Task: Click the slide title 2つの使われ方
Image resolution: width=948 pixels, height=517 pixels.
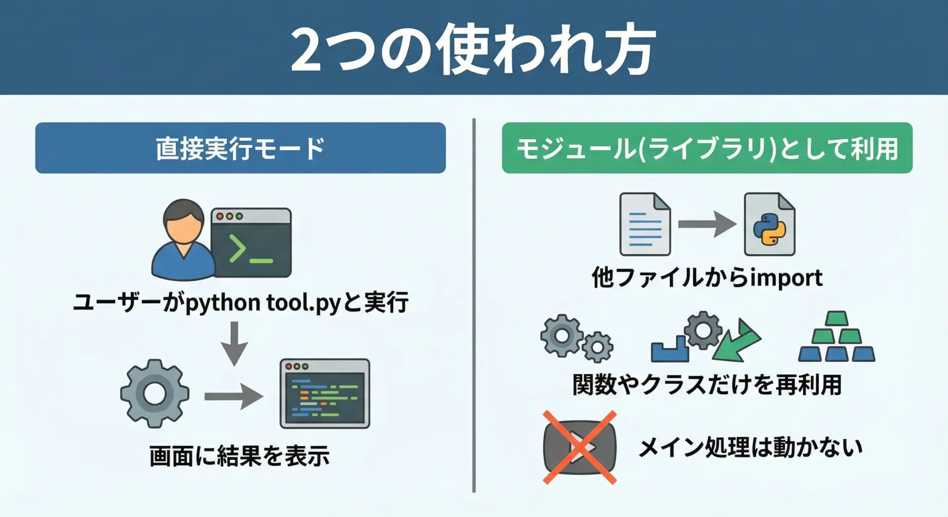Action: click(x=473, y=49)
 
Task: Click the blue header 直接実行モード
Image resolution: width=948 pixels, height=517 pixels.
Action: click(x=240, y=148)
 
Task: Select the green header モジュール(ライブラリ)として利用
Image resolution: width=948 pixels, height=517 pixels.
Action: click(x=707, y=148)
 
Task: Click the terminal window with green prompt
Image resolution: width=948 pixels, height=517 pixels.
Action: click(x=251, y=242)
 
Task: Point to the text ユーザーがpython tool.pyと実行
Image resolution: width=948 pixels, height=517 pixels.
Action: click(x=240, y=302)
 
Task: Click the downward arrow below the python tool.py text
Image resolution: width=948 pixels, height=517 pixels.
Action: click(x=235, y=344)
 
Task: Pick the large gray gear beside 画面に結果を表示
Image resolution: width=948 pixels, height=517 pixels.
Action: click(x=155, y=394)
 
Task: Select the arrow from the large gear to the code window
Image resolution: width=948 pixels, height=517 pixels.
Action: click(x=234, y=397)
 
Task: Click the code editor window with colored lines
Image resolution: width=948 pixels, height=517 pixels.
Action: click(x=325, y=394)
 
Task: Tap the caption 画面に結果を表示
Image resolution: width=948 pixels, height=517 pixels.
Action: click(x=239, y=455)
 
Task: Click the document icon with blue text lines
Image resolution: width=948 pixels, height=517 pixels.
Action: click(x=645, y=224)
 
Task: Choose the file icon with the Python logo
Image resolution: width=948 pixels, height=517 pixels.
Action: click(x=770, y=224)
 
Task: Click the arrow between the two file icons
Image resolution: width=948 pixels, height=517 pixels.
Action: click(x=707, y=224)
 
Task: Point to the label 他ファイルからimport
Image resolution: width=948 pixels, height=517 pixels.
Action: click(x=707, y=277)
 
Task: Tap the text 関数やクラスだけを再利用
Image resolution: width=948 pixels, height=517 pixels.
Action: click(x=707, y=384)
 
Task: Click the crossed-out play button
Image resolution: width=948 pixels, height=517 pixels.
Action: click(x=580, y=447)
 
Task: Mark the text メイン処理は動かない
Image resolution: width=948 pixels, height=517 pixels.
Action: click(x=750, y=447)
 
